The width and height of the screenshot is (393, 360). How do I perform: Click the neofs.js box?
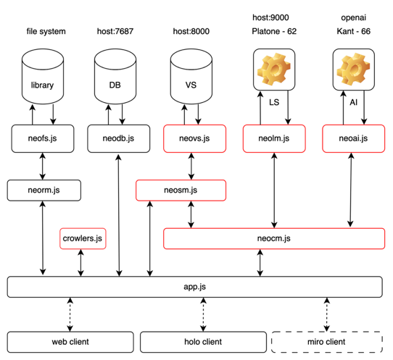(43, 138)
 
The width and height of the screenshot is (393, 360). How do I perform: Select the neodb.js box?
(118, 138)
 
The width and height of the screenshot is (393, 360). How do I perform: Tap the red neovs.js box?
(194, 138)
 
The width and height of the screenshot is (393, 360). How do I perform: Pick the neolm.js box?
(274, 138)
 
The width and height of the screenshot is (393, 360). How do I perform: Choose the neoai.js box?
(353, 138)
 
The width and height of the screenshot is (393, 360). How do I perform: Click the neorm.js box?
(44, 191)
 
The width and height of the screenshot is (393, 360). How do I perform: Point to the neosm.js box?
(181, 191)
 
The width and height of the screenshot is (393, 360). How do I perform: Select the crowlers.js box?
(83, 238)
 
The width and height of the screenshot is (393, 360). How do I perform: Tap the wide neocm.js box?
(274, 238)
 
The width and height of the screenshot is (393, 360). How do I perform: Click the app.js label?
(195, 287)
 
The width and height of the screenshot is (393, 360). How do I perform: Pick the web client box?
(70, 342)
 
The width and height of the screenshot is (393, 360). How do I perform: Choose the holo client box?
(203, 342)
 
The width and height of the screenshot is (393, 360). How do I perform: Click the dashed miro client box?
(327, 342)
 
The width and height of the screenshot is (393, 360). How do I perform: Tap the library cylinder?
(43, 76)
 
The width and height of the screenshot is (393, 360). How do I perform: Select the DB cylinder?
(115, 76)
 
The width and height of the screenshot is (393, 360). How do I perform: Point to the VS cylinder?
(191, 76)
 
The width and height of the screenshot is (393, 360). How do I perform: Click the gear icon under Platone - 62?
(274, 69)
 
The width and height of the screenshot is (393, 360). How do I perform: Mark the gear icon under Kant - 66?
(353, 69)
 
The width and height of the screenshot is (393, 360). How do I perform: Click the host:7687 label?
(115, 31)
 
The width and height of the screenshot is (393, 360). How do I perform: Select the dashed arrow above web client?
(70, 314)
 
